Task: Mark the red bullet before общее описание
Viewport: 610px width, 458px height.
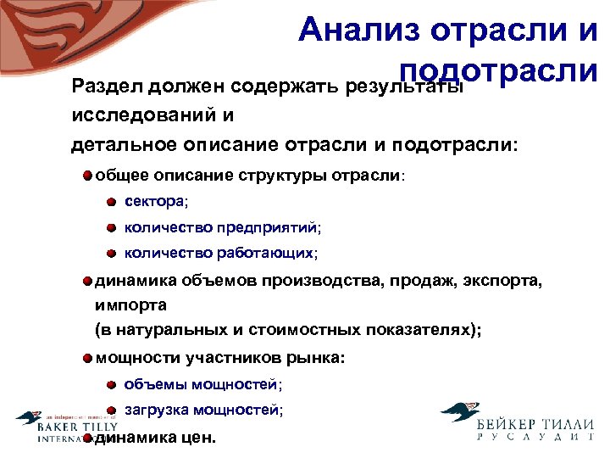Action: tap(88, 176)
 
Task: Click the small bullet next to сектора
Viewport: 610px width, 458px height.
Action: tap(112, 202)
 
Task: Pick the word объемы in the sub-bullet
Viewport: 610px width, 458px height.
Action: tap(156, 384)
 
